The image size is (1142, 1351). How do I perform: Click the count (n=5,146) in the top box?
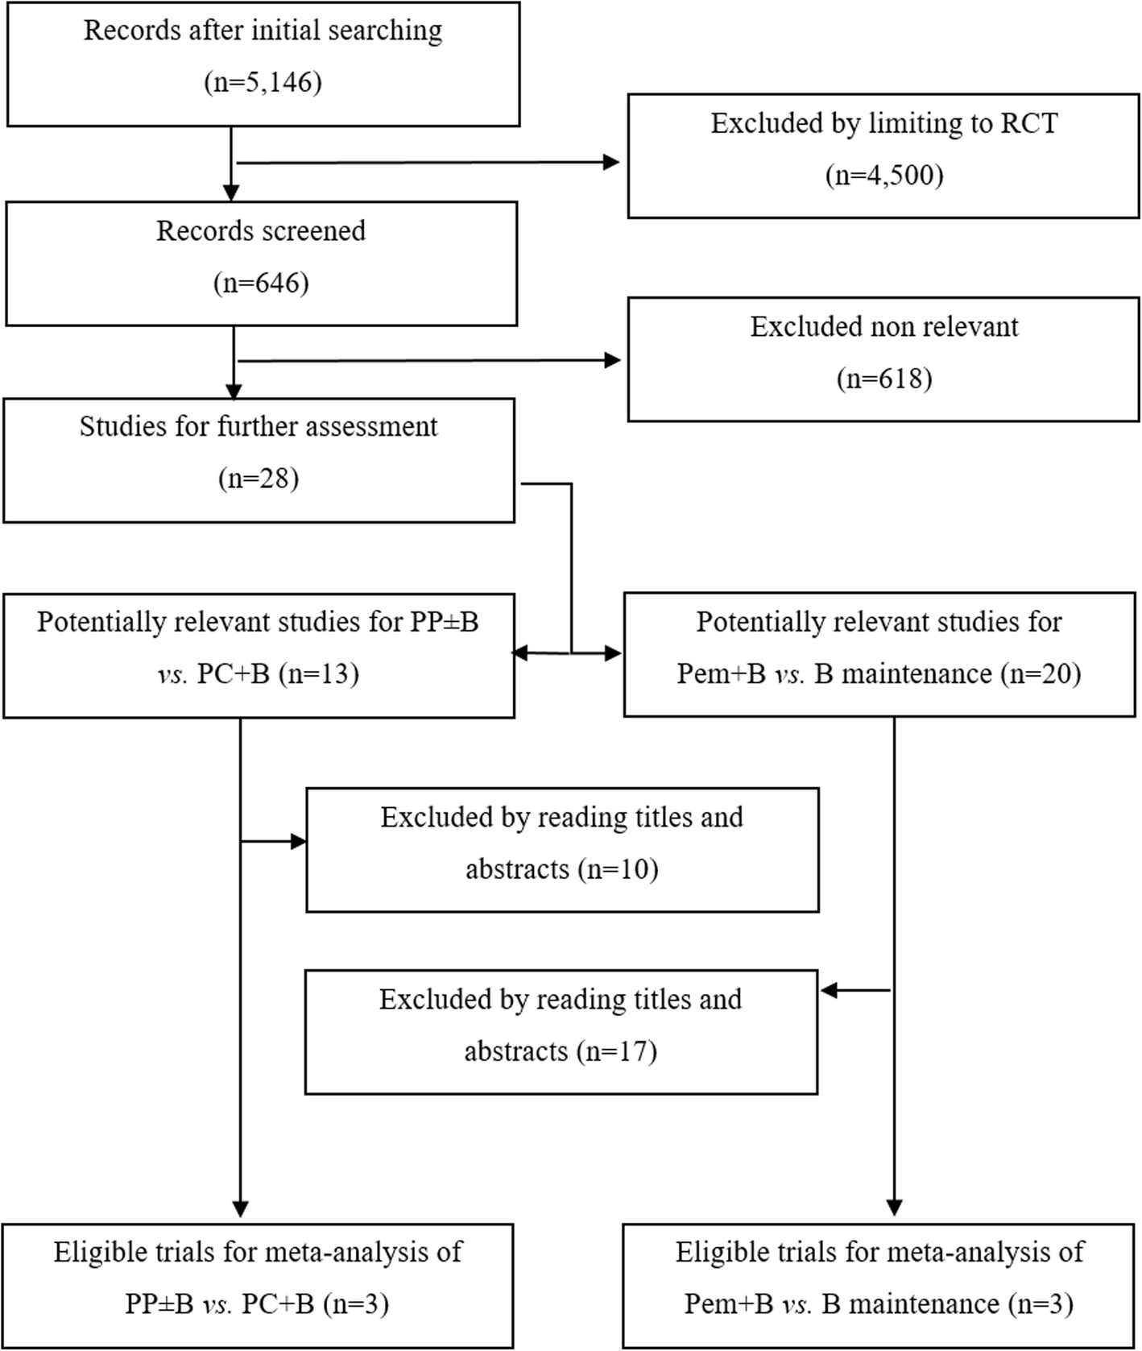263,82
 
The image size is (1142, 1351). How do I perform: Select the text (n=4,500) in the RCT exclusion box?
884,175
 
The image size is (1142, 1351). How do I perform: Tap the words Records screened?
261,231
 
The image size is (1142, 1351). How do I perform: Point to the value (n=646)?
261,283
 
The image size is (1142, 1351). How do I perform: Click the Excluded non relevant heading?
884,326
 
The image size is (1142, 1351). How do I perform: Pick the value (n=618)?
884,378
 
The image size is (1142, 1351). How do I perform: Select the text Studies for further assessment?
259,426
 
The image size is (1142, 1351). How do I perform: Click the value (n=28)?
259,479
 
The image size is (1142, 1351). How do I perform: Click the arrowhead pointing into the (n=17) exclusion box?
829,991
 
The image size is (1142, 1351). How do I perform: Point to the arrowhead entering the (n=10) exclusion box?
298,842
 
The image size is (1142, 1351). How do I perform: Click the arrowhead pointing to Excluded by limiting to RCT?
611,163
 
